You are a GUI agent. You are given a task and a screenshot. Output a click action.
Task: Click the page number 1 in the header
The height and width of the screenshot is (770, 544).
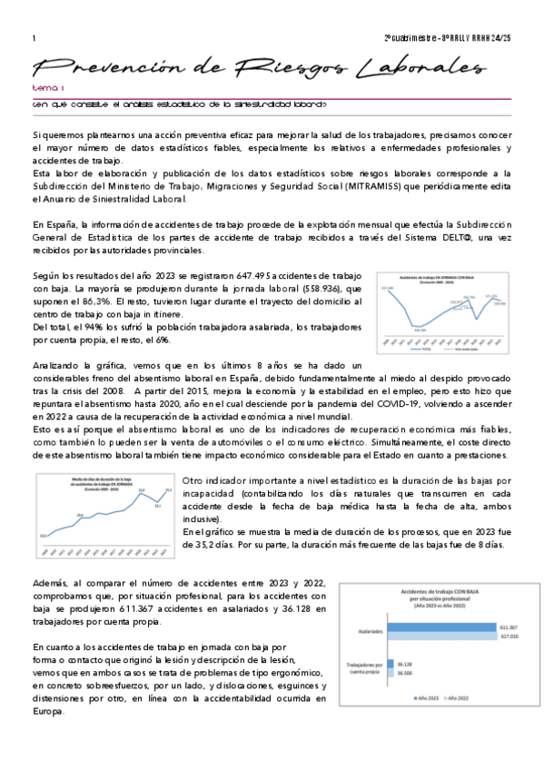coord(33,38)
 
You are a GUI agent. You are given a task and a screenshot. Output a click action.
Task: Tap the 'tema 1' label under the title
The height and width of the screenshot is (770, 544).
coord(45,89)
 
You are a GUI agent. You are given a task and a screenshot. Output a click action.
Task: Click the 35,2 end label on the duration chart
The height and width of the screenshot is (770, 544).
coord(169,490)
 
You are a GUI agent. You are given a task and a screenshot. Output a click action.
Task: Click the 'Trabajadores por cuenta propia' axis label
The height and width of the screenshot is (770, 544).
coord(361,668)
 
